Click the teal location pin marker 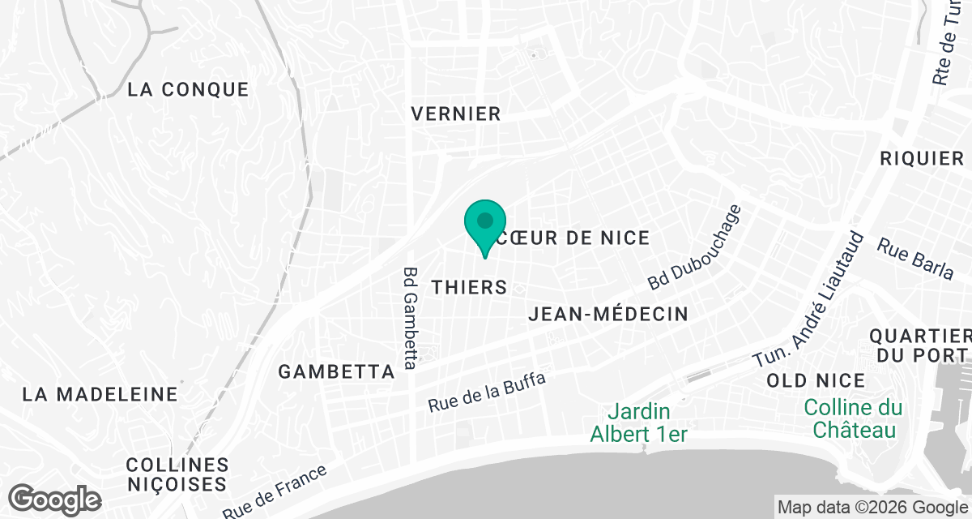(x=485, y=224)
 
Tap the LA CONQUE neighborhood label (x=188, y=89)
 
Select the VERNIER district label (x=456, y=114)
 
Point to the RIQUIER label (x=922, y=159)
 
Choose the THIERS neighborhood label (x=469, y=287)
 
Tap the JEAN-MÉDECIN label (x=607, y=314)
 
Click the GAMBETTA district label (x=336, y=372)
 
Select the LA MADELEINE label (x=100, y=395)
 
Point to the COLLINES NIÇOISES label (x=177, y=475)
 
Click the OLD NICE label (x=816, y=380)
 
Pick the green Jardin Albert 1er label (x=638, y=423)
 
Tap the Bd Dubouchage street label (x=695, y=247)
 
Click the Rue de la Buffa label (x=487, y=392)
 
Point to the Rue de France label (x=277, y=491)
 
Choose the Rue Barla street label (x=917, y=259)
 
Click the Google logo (x=56, y=498)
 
